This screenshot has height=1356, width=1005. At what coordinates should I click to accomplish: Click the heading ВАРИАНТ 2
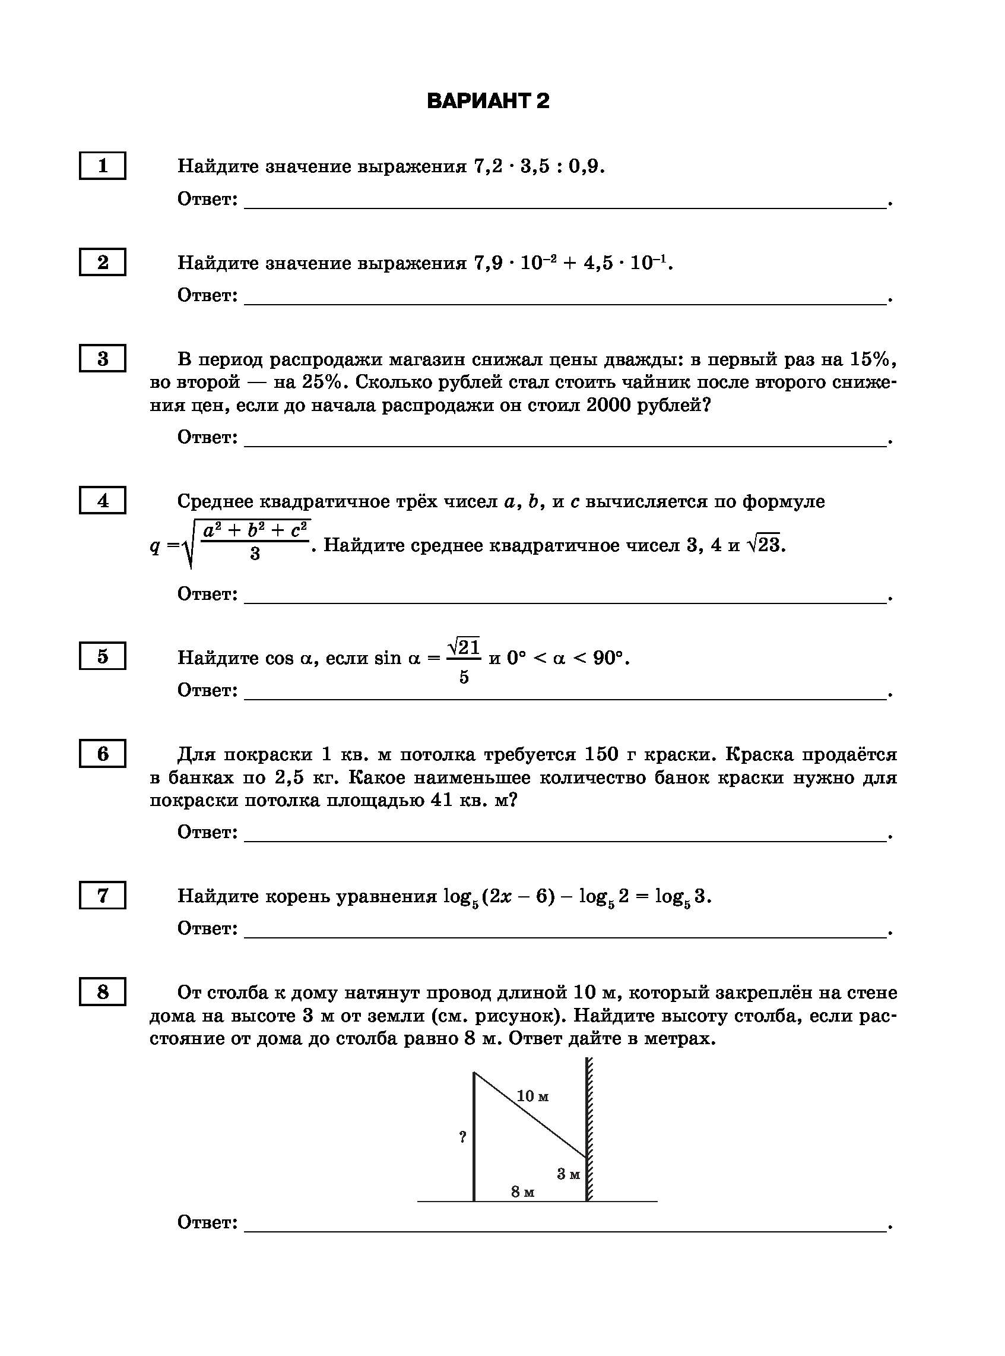488,100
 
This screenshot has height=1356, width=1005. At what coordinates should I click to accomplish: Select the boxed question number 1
102,166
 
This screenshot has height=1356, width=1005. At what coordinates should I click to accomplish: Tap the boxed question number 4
102,501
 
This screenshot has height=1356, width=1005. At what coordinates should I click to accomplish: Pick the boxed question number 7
102,895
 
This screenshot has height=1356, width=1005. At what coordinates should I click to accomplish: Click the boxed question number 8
102,992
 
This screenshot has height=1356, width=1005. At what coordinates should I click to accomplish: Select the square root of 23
765,544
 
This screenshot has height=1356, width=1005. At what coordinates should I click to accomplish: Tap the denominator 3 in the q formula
255,553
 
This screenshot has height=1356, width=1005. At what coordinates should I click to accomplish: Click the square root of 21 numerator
464,647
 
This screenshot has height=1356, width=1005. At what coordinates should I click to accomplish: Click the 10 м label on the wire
532,1096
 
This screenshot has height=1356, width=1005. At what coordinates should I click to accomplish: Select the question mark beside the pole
463,1137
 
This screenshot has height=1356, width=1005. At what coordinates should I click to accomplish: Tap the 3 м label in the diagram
568,1174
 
